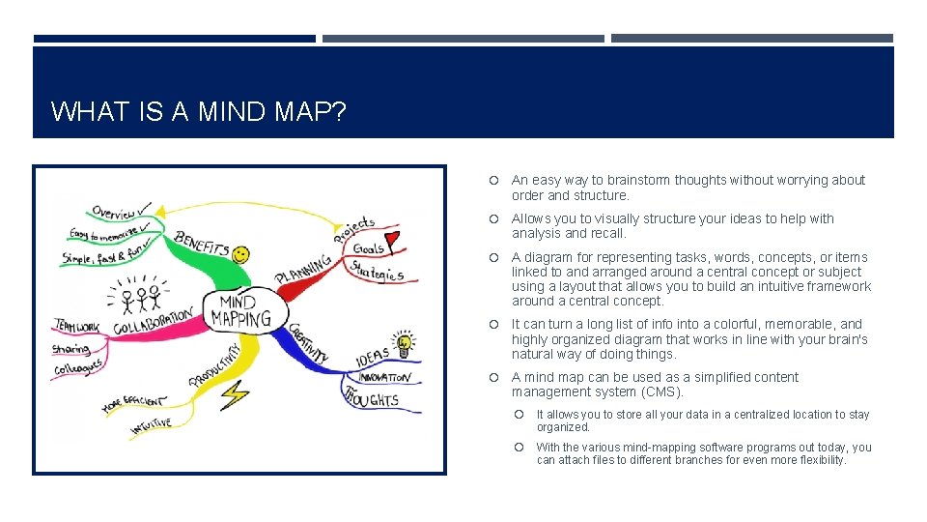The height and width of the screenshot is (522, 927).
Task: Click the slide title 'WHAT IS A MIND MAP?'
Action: click(198, 111)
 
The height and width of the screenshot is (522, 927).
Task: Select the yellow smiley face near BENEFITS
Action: click(240, 255)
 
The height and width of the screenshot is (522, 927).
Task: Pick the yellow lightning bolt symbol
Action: click(235, 393)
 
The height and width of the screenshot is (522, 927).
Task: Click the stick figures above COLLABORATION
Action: click(139, 294)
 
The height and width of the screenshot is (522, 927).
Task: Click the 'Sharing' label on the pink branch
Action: click(71, 349)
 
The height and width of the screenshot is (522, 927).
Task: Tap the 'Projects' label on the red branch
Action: click(354, 229)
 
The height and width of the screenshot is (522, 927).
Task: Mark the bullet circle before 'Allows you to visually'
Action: click(493, 219)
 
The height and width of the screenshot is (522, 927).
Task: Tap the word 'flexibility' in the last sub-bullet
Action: click(816, 460)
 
